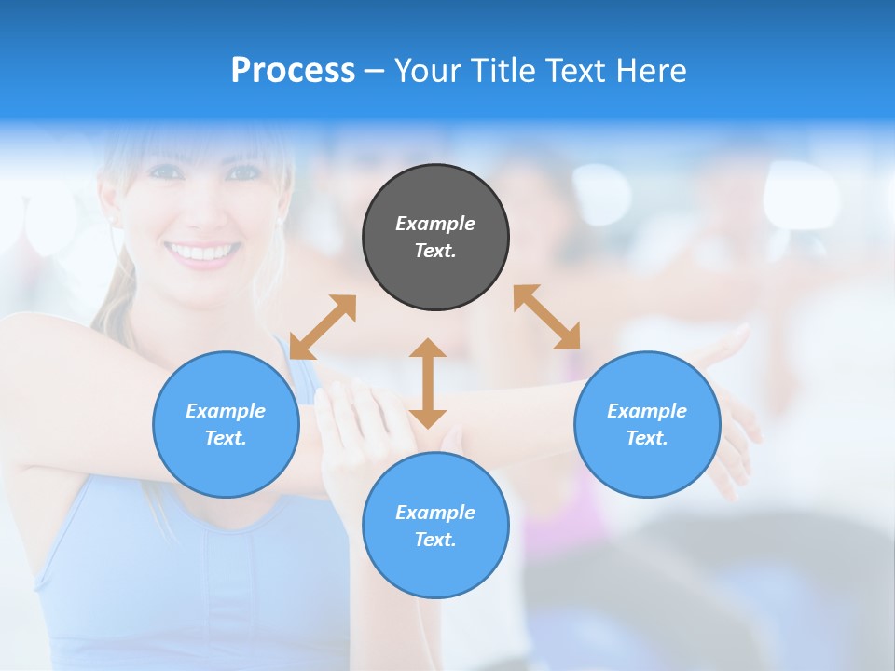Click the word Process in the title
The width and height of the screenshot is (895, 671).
293,71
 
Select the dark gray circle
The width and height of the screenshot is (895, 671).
435,237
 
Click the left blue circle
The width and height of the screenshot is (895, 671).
226,424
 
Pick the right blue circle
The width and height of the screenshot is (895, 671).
647,424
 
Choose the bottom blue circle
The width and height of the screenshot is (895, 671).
435,526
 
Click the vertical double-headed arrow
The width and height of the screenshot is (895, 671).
428,383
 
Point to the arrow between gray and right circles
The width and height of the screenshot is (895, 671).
546,317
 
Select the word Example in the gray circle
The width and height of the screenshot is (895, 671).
435,224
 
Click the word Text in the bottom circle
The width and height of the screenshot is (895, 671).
434,540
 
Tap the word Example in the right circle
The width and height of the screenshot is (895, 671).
647,411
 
